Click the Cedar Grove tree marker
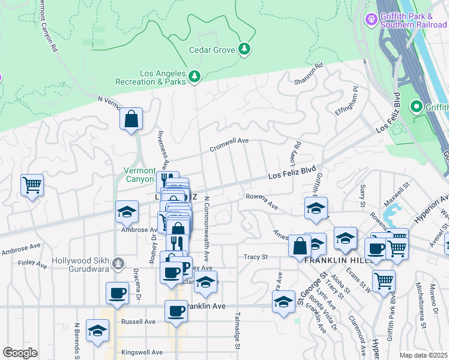point(244,49)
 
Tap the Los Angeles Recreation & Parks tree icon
point(194,77)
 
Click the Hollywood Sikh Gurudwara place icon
point(119,262)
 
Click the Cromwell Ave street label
point(229,145)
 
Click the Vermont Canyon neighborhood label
point(139,175)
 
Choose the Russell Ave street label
point(139,322)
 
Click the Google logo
point(20,353)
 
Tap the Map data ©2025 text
point(424,355)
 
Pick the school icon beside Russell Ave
point(97,331)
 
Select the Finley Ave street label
point(28,262)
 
